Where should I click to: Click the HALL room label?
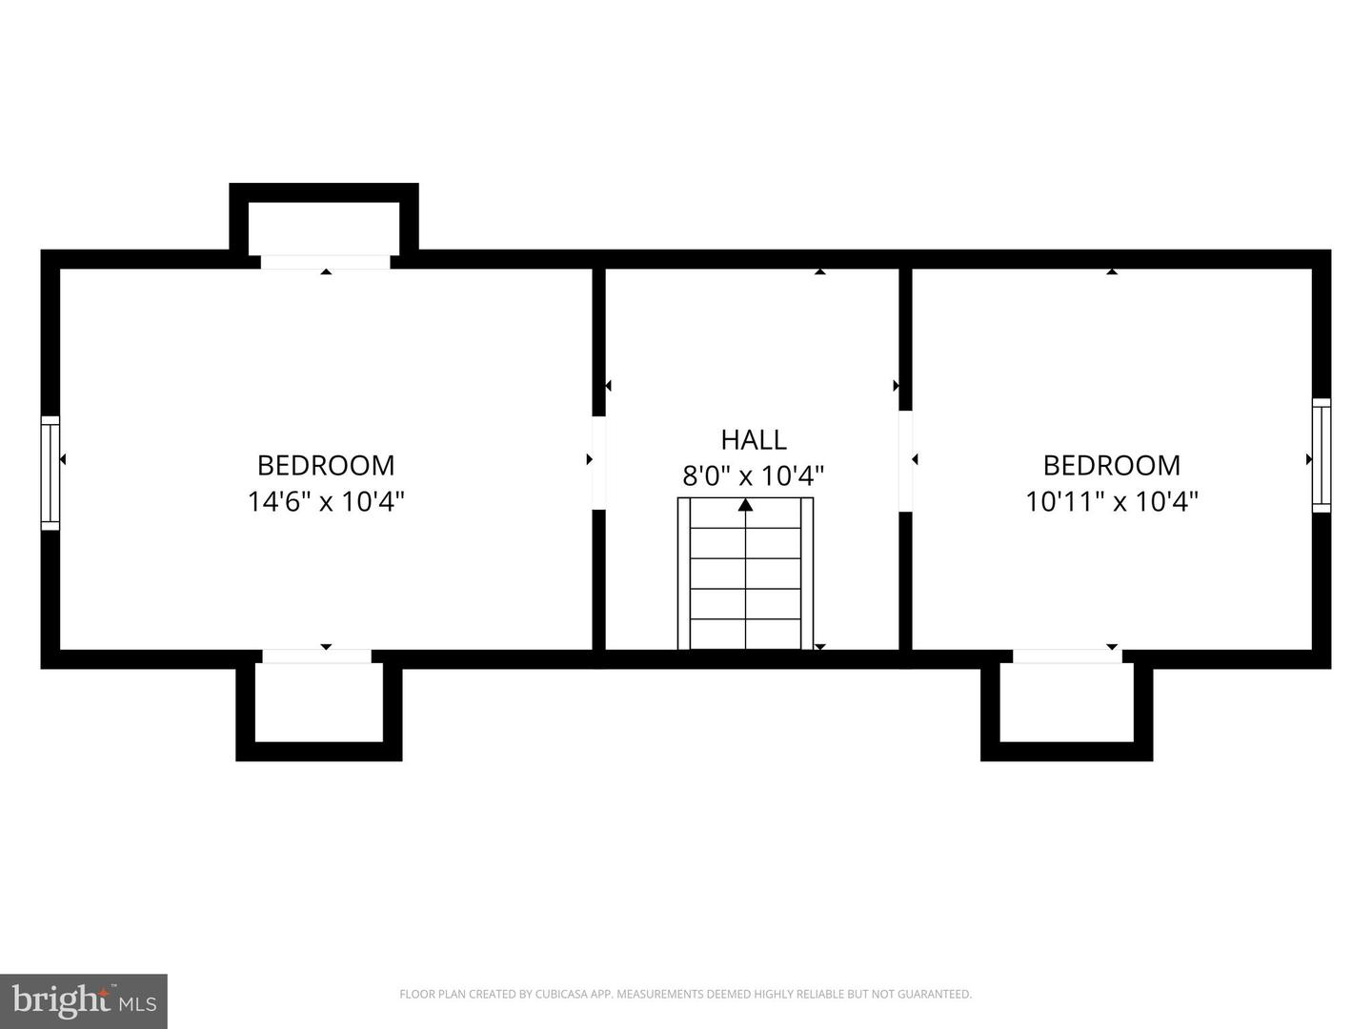click(754, 440)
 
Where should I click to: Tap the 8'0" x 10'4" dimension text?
click(754, 476)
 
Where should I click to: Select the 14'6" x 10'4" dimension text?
click(326, 502)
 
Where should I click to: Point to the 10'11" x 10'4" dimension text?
click(1112, 502)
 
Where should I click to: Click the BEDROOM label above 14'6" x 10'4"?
click(326, 466)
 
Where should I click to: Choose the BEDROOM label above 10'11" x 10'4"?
click(1112, 466)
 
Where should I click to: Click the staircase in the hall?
click(746, 574)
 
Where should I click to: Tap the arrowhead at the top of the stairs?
click(746, 504)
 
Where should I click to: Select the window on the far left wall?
click(50, 473)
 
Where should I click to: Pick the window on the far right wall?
click(1322, 454)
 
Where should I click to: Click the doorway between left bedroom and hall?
click(598, 463)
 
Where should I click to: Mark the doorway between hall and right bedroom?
click(905, 461)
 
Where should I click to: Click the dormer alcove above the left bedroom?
click(324, 220)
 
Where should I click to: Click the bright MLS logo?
click(84, 1000)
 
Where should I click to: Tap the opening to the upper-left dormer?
click(325, 262)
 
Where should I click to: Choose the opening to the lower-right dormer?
click(1067, 656)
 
